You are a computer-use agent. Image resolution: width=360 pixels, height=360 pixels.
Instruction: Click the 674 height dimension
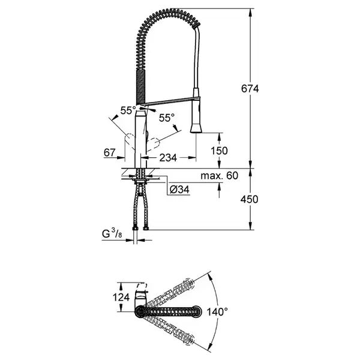pyautogui.click(x=250, y=88)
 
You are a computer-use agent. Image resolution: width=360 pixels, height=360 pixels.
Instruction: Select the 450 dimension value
pyautogui.click(x=250, y=199)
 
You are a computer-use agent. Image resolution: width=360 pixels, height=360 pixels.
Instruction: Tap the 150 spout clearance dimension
pyautogui.click(x=219, y=151)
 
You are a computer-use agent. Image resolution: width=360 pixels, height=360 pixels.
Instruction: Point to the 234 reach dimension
pyautogui.click(x=168, y=158)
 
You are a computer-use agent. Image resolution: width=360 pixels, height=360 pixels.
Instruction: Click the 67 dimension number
pyautogui.click(x=110, y=152)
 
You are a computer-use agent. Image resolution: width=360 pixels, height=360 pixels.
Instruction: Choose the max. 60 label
pyautogui.click(x=220, y=176)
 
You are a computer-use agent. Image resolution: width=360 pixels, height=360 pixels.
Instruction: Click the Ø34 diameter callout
pyautogui.click(x=179, y=190)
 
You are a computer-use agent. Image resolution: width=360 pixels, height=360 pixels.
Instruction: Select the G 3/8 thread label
pyautogui.click(x=112, y=234)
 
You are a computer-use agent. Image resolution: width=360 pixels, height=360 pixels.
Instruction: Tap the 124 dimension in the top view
pyautogui.click(x=121, y=298)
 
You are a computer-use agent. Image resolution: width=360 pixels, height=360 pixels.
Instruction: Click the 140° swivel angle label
pyautogui.click(x=217, y=312)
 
